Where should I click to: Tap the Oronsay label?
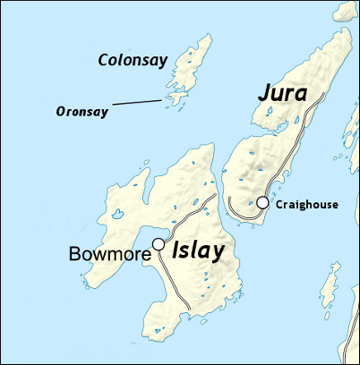coord(82,112)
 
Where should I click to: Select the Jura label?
coord(282,93)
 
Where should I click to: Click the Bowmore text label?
coord(109,255)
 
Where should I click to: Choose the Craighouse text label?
coord(307,204)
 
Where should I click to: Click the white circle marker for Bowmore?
coord(159,243)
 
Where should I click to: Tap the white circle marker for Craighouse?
coord(262,203)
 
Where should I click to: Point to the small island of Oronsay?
coord(168,99)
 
